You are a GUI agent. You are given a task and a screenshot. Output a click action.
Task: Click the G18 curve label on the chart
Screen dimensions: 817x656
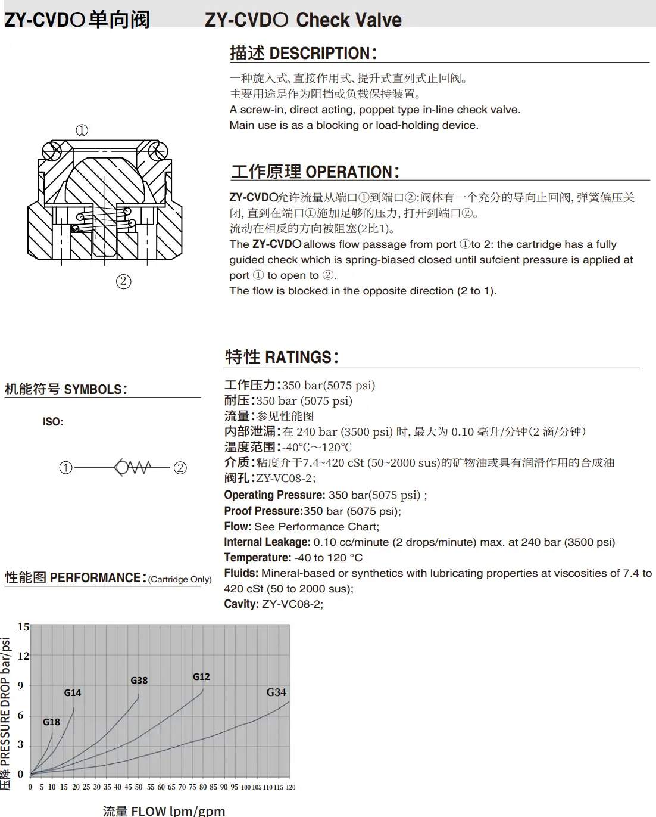click(x=51, y=722)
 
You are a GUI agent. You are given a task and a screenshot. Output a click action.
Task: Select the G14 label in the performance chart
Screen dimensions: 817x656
click(x=73, y=692)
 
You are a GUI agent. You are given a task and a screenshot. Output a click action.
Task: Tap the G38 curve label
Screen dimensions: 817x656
click(x=139, y=680)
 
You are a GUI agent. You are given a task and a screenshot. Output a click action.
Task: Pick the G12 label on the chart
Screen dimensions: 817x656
click(x=201, y=676)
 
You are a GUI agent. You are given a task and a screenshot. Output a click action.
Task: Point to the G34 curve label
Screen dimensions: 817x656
click(x=276, y=692)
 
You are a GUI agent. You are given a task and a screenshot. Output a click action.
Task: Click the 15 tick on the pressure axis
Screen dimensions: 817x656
click(x=23, y=626)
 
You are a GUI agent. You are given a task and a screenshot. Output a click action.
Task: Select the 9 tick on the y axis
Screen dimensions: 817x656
click(x=21, y=685)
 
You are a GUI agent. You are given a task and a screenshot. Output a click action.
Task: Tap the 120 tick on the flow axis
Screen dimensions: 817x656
click(x=290, y=787)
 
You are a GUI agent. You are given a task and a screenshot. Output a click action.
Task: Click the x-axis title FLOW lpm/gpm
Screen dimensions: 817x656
click(x=177, y=810)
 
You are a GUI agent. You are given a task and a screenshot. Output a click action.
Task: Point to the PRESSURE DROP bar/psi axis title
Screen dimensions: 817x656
click(x=5, y=701)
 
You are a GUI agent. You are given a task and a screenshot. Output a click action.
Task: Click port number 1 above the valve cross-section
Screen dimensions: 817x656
click(x=82, y=131)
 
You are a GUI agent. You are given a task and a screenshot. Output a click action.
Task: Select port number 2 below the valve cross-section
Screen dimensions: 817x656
click(x=123, y=281)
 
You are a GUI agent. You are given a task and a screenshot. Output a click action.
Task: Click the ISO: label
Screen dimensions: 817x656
click(x=53, y=422)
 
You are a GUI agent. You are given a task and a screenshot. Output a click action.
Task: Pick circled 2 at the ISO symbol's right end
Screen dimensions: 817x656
click(x=180, y=468)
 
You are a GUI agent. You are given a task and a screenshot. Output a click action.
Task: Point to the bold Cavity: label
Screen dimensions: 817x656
click(x=241, y=604)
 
